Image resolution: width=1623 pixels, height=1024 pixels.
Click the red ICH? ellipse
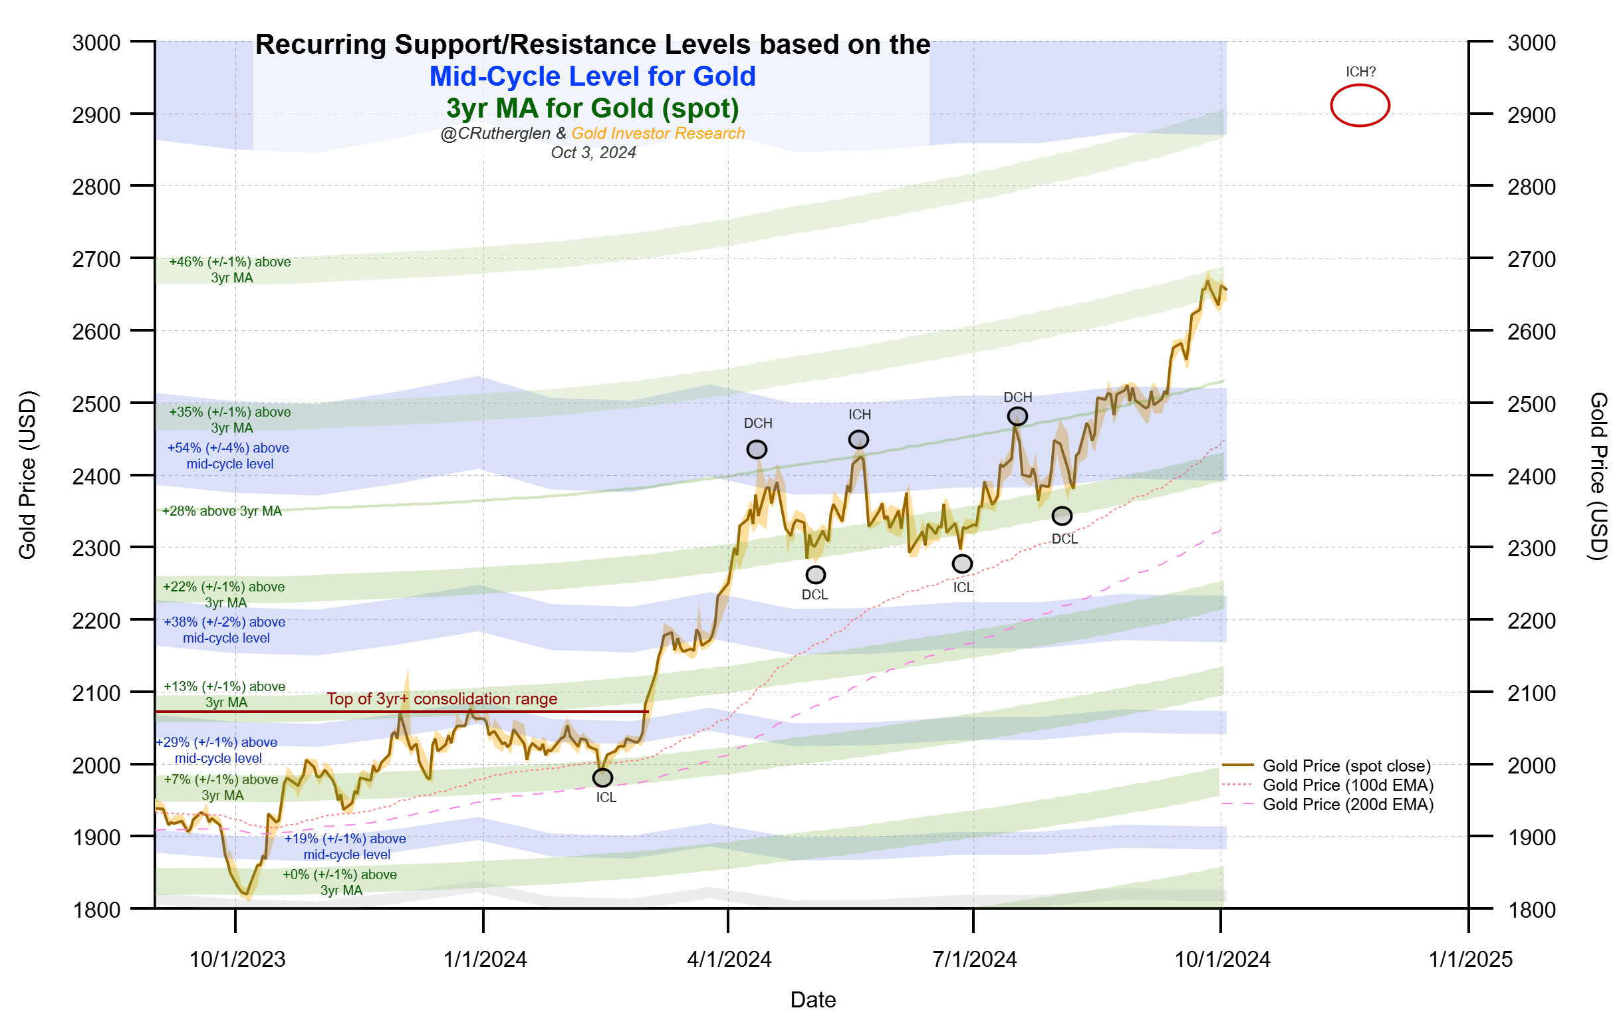(x=1360, y=106)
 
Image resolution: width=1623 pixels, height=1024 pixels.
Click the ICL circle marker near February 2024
(x=602, y=777)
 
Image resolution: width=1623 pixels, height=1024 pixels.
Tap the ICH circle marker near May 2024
(x=858, y=439)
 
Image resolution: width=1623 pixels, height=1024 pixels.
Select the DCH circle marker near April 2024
(x=757, y=449)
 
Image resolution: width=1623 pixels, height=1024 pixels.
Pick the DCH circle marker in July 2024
(x=1017, y=417)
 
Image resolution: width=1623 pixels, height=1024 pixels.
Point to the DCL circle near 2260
(x=816, y=575)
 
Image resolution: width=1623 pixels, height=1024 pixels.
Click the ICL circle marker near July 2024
(x=962, y=563)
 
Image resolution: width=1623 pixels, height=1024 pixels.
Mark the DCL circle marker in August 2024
(x=1062, y=516)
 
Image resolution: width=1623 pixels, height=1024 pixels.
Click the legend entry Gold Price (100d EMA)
(x=1347, y=785)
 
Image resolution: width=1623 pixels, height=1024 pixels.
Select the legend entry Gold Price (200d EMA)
(x=1347, y=804)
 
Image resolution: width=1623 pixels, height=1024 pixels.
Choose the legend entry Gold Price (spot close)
(x=1346, y=766)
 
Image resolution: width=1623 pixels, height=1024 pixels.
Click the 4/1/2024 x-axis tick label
(x=729, y=959)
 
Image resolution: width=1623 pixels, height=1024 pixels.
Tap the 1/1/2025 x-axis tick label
(x=1470, y=959)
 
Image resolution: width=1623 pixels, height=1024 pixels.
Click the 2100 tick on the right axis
(x=1531, y=692)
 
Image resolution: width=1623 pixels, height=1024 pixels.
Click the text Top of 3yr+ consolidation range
(x=442, y=698)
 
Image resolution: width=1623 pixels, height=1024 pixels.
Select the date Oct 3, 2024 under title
(x=593, y=153)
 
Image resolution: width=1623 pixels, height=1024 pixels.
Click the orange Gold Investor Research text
(x=658, y=134)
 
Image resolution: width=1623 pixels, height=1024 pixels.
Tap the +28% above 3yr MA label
(x=222, y=510)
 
